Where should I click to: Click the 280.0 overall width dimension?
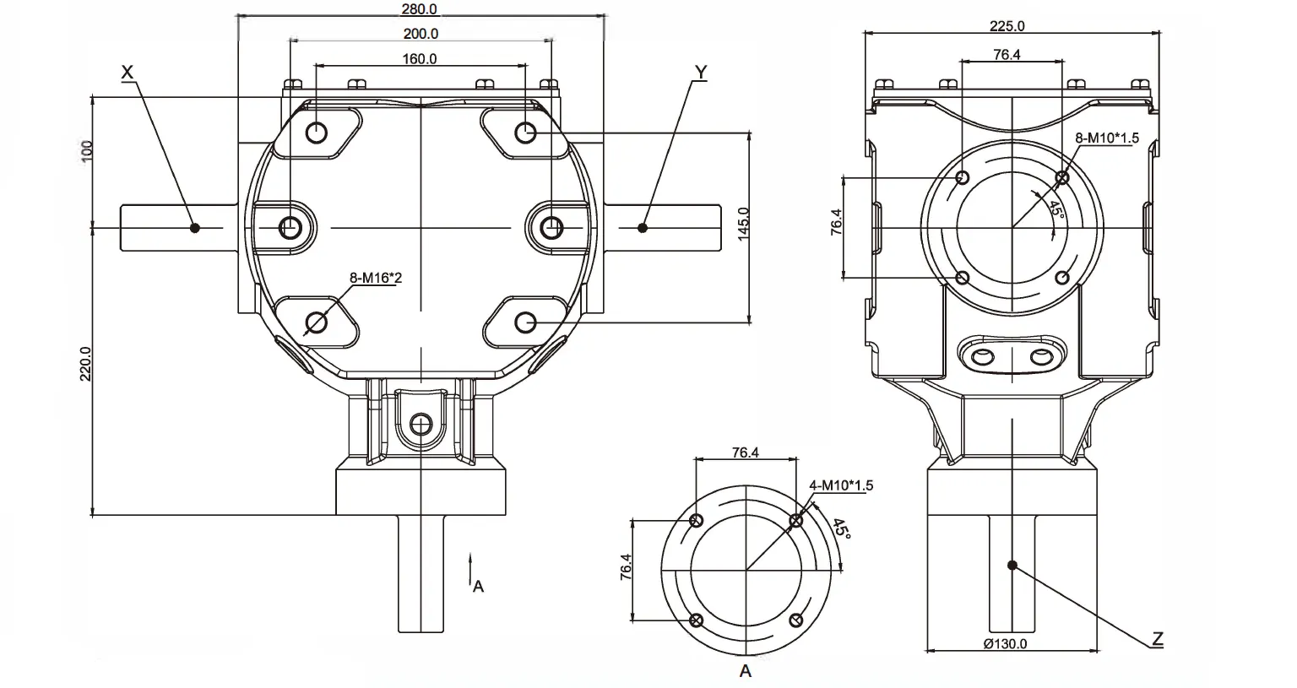tap(420, 8)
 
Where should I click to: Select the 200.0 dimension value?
tap(421, 34)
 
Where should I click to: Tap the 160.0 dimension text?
tap(421, 59)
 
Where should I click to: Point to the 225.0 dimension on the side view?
tap(1007, 26)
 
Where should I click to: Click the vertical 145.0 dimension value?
tap(743, 225)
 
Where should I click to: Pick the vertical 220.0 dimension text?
tap(85, 363)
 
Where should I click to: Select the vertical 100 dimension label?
tap(87, 151)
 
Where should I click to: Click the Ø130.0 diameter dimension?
tap(1005, 644)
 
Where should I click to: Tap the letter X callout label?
tap(128, 73)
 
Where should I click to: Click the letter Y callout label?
tap(700, 73)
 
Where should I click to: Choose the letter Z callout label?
tap(1158, 638)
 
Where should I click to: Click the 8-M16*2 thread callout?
tap(376, 277)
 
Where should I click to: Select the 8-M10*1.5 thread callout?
tap(1106, 138)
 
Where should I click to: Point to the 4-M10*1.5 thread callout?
tap(840, 485)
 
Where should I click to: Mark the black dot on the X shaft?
tap(195, 228)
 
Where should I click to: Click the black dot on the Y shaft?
tap(643, 228)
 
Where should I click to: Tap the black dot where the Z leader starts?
tap(1012, 565)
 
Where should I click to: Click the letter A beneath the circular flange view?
tap(746, 672)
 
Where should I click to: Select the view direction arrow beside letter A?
tap(470, 569)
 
